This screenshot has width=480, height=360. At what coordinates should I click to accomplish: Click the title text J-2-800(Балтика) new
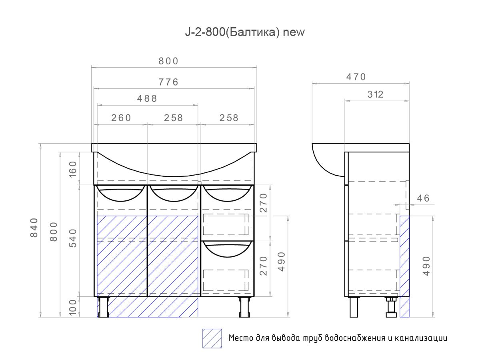click(245, 32)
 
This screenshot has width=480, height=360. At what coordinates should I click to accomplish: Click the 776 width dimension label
click(168, 82)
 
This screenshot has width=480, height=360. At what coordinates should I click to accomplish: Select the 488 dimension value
click(147, 98)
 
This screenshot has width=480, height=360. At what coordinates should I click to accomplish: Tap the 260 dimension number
click(121, 118)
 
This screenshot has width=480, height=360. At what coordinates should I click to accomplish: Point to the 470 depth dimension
click(356, 77)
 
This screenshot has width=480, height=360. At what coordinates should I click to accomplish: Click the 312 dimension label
click(375, 94)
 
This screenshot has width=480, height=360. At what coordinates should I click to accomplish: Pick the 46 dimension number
click(423, 198)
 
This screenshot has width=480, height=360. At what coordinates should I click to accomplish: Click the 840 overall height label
click(34, 228)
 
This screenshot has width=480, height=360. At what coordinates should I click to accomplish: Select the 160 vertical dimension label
click(73, 169)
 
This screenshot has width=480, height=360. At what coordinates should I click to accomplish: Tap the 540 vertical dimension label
click(73, 238)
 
